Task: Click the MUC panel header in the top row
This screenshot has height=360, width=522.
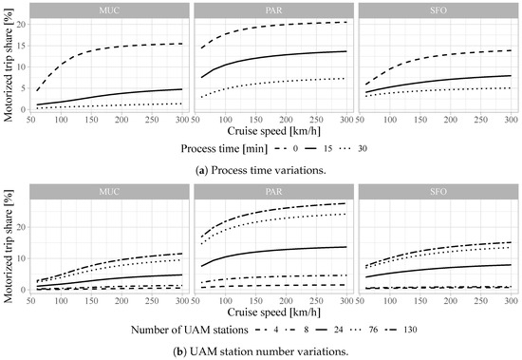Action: [112, 9]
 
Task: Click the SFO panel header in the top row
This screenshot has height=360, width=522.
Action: [433, 9]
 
